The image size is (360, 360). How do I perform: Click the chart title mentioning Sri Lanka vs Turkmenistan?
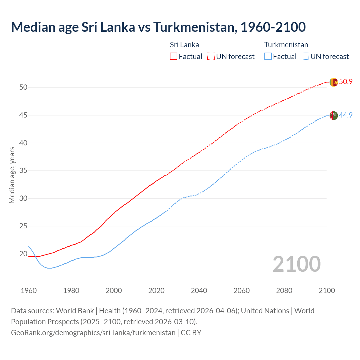coord(158,27)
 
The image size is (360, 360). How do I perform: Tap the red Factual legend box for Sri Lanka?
coord(174,56)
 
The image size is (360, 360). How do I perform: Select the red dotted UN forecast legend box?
coord(211,56)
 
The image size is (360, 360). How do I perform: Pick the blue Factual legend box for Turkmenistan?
coord(268,56)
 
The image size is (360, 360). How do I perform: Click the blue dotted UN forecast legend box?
coord(305,56)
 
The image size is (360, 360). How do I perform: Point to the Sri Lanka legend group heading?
coord(184,45)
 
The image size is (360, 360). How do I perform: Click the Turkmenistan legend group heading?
coord(286,45)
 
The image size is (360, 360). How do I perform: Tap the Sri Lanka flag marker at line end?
coord(334,82)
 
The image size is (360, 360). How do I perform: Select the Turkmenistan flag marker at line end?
coord(334,116)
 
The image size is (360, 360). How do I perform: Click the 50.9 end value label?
coord(346,82)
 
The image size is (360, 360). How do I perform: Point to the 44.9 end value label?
coord(346,115)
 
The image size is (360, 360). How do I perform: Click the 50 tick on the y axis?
coord(23,87)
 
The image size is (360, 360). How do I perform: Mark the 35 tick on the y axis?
coord(23,171)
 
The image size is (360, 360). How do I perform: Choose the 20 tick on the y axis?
coord(23,254)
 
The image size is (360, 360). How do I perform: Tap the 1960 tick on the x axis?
coord(29,291)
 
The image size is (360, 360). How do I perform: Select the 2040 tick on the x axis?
coord(199,291)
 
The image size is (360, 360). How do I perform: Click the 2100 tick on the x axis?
coord(327,291)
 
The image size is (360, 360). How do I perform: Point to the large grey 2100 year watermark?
coord(296,264)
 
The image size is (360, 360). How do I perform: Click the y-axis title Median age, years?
coord(12,175)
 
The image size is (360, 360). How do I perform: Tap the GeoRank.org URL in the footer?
coord(93,333)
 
